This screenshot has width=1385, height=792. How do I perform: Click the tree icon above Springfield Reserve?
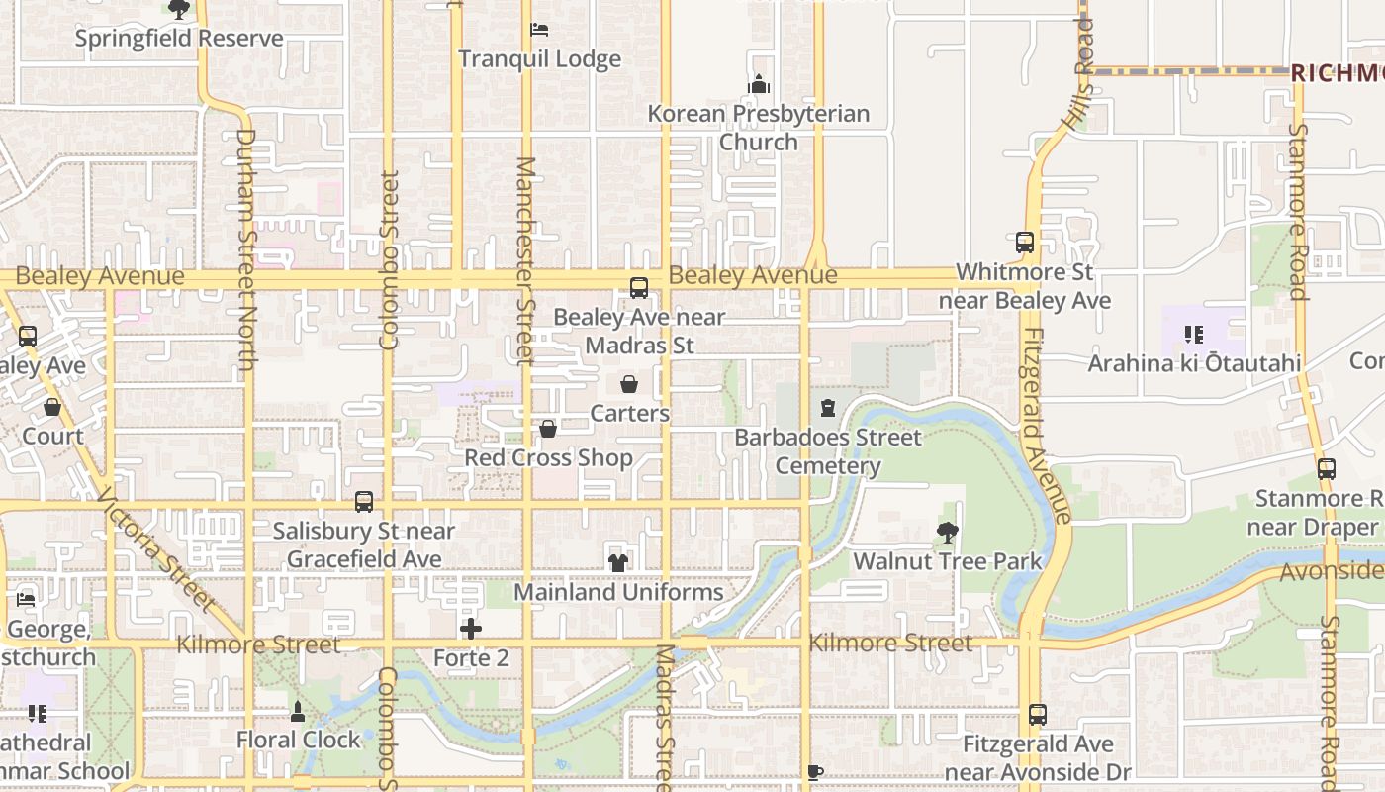(178, 10)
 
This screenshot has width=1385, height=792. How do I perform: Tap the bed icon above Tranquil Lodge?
(539, 30)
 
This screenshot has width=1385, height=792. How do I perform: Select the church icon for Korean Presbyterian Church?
(759, 85)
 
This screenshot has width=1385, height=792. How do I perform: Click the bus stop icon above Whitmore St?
(1025, 243)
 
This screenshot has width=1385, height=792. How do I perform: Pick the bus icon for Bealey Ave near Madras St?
(639, 288)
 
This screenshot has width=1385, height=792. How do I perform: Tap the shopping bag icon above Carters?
(629, 384)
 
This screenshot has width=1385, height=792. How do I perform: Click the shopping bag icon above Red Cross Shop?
(548, 429)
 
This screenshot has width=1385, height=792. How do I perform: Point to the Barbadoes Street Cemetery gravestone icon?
(828, 408)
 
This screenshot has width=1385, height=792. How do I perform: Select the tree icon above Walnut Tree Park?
(947, 533)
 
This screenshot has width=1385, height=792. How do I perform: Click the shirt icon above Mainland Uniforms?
(618, 562)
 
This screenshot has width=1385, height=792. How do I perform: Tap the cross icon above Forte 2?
(471, 629)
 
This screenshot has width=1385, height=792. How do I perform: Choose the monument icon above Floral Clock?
(298, 711)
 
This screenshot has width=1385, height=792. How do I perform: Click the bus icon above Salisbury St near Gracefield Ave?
(364, 502)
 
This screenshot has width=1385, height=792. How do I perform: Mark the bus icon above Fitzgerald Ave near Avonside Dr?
(1037, 715)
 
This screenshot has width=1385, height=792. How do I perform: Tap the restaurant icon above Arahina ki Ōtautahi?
(1194, 335)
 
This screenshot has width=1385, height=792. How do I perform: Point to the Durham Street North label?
(246, 249)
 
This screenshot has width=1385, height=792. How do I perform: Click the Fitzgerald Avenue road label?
(1047, 426)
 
